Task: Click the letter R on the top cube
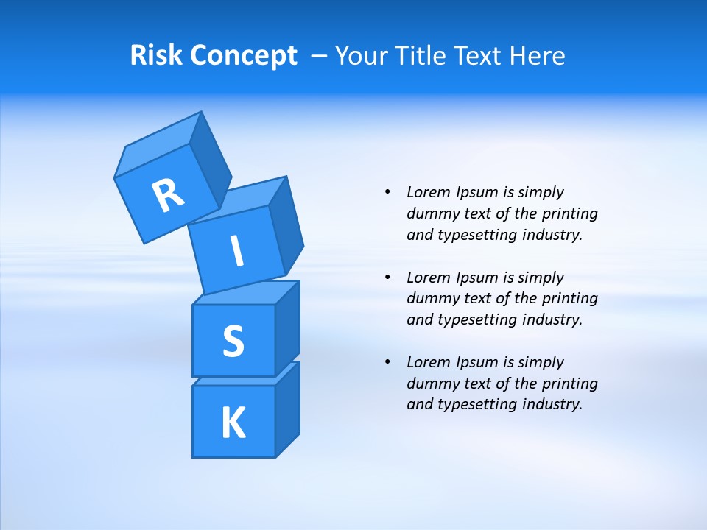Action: point(168,195)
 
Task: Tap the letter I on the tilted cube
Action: point(236,252)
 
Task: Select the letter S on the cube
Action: point(233,341)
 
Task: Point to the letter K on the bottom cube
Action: point(233,423)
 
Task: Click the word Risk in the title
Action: point(157,55)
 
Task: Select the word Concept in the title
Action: point(243,55)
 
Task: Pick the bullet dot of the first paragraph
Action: point(388,192)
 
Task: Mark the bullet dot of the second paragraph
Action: point(388,278)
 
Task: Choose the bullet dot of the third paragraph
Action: point(388,362)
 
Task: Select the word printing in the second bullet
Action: point(569,298)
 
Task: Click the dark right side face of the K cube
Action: point(287,412)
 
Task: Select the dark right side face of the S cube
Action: point(287,328)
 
